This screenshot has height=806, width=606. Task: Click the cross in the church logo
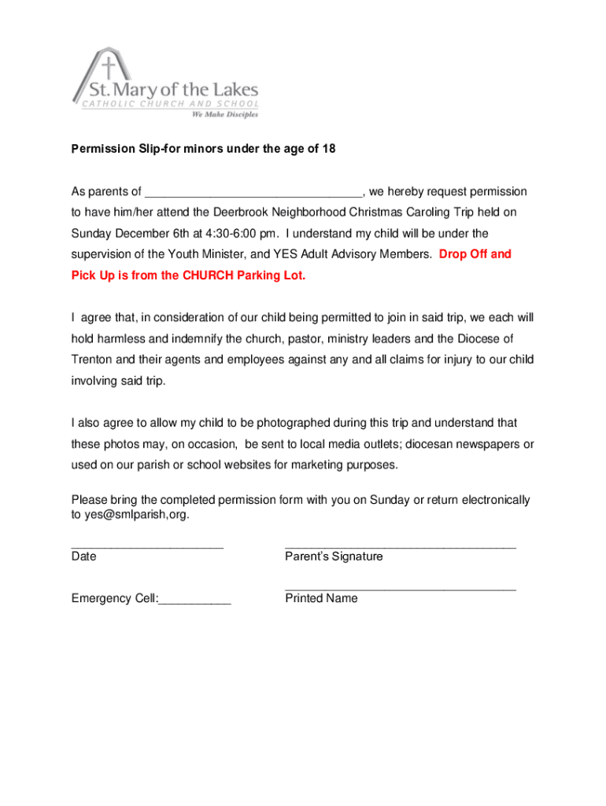click(x=109, y=66)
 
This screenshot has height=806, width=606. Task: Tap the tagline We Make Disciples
click(x=224, y=113)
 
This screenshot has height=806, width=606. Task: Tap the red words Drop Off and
click(x=475, y=254)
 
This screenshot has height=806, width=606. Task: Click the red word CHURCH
click(x=216, y=275)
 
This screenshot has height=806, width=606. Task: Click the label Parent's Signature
click(x=334, y=556)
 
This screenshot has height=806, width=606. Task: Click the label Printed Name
click(x=321, y=598)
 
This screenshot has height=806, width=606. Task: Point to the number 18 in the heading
click(x=328, y=148)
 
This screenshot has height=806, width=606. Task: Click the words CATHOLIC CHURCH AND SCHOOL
click(x=169, y=104)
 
